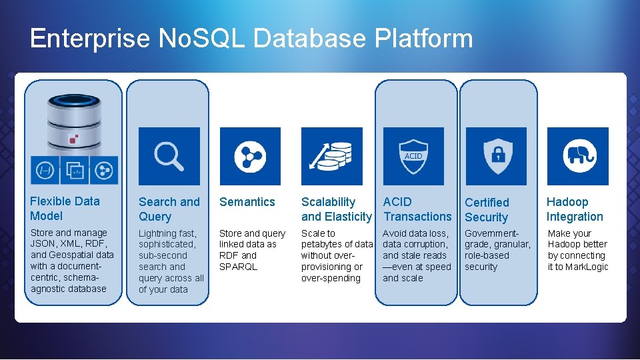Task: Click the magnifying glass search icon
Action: coord(169,156)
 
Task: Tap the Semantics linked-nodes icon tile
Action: coord(250,156)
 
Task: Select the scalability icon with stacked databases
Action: coord(331,156)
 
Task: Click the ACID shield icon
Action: coord(413,156)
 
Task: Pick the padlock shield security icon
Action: coord(496,156)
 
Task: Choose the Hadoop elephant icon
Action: coord(577,156)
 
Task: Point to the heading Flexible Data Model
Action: coord(65,209)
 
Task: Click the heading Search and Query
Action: coord(169,209)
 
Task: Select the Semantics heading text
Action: coord(247,202)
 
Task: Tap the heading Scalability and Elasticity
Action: coord(336,209)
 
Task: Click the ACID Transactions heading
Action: coord(417,209)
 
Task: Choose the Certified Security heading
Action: coord(487,210)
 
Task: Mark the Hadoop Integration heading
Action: coord(574,209)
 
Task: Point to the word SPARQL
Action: coord(238,267)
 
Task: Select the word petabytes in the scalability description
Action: coord(323,245)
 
